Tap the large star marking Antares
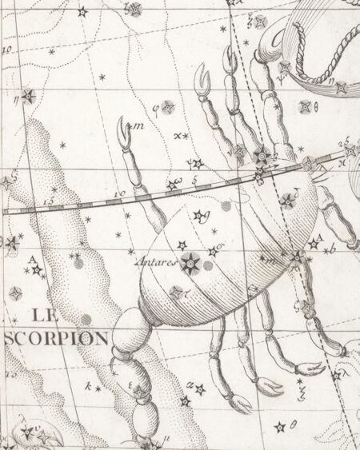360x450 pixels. (190, 261)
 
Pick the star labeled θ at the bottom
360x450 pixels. (279, 426)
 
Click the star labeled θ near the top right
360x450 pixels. (305, 106)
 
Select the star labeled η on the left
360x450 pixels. (29, 96)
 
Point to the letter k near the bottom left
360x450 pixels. (89, 385)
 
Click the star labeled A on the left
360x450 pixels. (36, 270)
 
